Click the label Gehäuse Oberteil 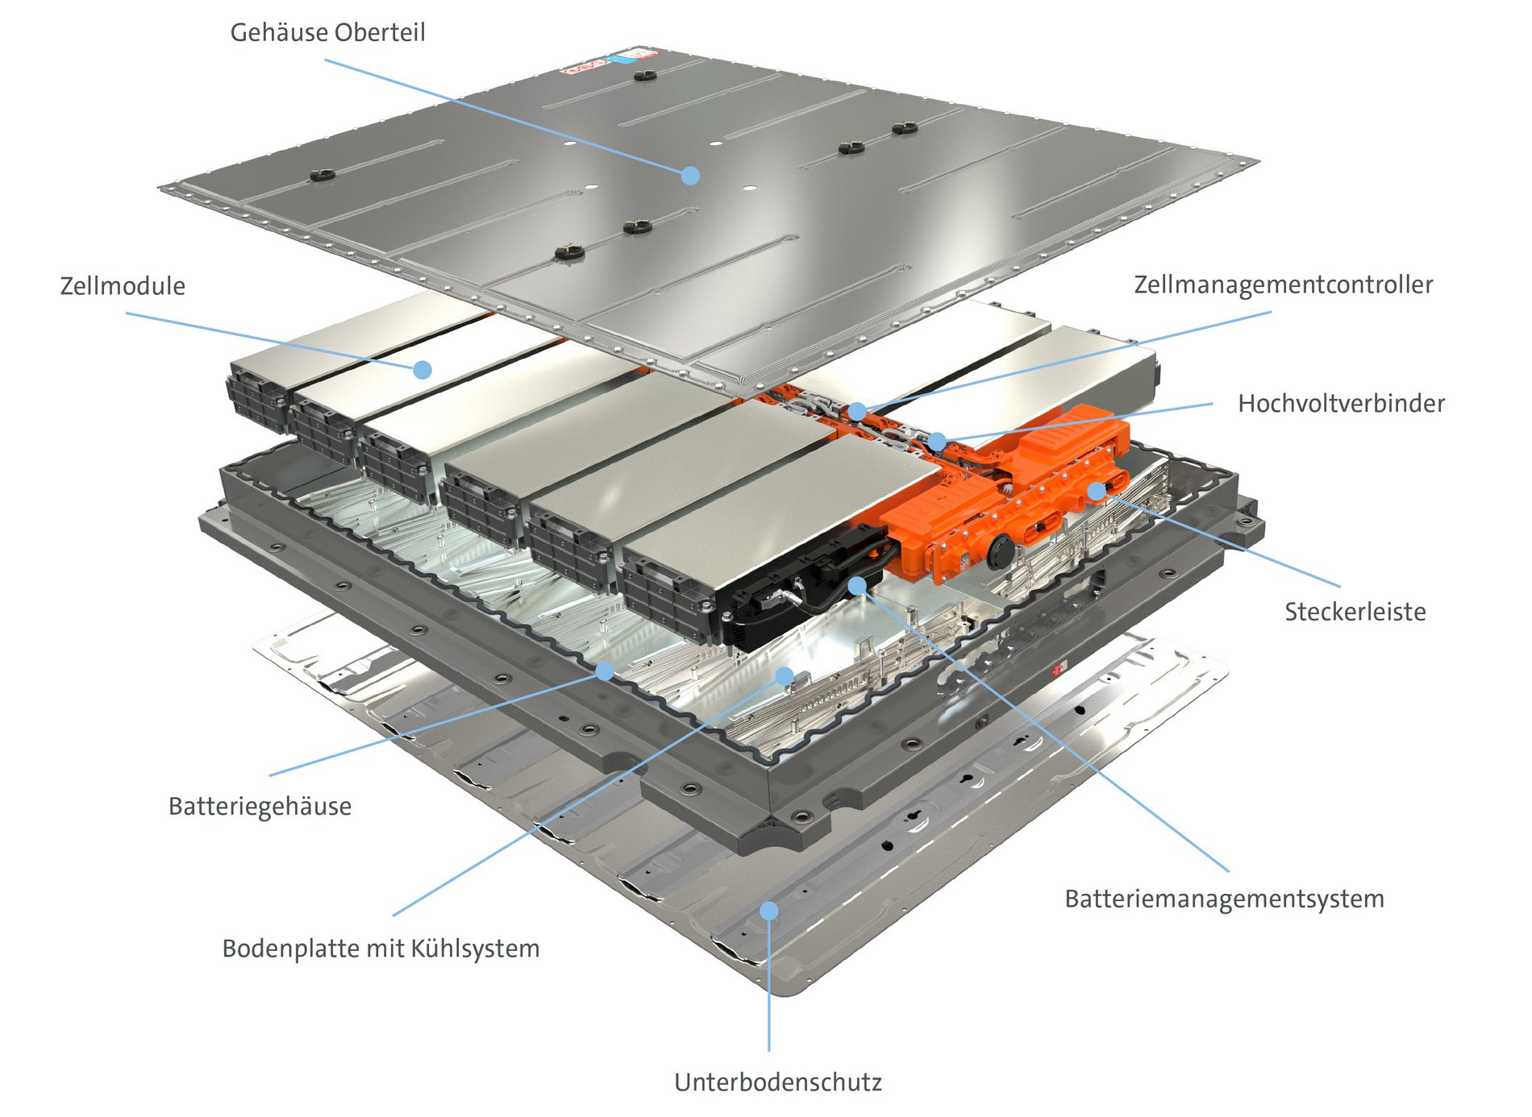(327, 33)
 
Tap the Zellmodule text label (123, 286)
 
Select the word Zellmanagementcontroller (1283, 284)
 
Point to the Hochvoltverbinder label (1341, 403)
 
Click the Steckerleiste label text (1355, 612)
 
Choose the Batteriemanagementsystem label (1224, 899)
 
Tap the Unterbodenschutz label (777, 1082)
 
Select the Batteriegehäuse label (260, 806)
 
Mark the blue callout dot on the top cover (690, 175)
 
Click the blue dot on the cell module (423, 370)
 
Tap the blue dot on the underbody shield (769, 911)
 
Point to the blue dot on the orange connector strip (1097, 491)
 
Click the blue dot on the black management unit (857, 584)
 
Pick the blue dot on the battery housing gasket (605, 671)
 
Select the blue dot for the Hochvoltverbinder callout (937, 441)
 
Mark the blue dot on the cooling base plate (784, 675)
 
